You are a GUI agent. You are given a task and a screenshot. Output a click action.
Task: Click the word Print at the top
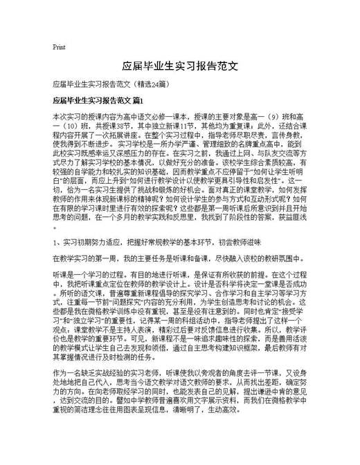click(59, 47)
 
